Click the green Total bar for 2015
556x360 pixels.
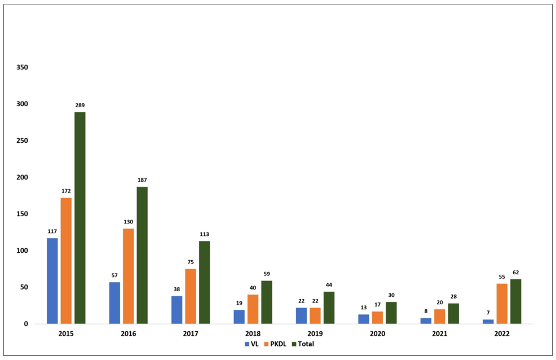pyautogui.click(x=80, y=218)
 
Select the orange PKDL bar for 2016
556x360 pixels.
pyautogui.click(x=129, y=276)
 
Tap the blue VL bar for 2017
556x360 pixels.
pyautogui.click(x=176, y=310)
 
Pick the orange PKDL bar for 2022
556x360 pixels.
pyautogui.click(x=502, y=304)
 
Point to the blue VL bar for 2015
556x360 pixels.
pyautogui.click(x=52, y=281)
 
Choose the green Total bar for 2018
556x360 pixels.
pyautogui.click(x=267, y=302)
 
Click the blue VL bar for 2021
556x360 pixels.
pyautogui.click(x=426, y=321)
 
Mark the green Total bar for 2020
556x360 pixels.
pyautogui.click(x=391, y=313)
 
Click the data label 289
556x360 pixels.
pyautogui.click(x=80, y=106)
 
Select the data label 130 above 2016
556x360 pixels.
pyautogui.click(x=129, y=222)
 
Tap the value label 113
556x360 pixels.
pyautogui.click(x=204, y=234)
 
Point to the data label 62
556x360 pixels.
pyautogui.click(x=515, y=273)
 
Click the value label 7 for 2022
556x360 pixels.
pyautogui.click(x=488, y=313)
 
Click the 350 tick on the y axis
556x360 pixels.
pyautogui.click(x=22, y=67)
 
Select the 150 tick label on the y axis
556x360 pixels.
pyautogui.click(x=22, y=214)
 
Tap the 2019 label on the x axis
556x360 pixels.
pyautogui.click(x=315, y=333)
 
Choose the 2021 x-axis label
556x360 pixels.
pyautogui.click(x=439, y=333)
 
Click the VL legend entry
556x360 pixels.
pyautogui.click(x=251, y=344)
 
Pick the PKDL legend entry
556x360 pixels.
pyautogui.click(x=275, y=344)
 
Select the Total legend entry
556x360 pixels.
pyautogui.click(x=303, y=344)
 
